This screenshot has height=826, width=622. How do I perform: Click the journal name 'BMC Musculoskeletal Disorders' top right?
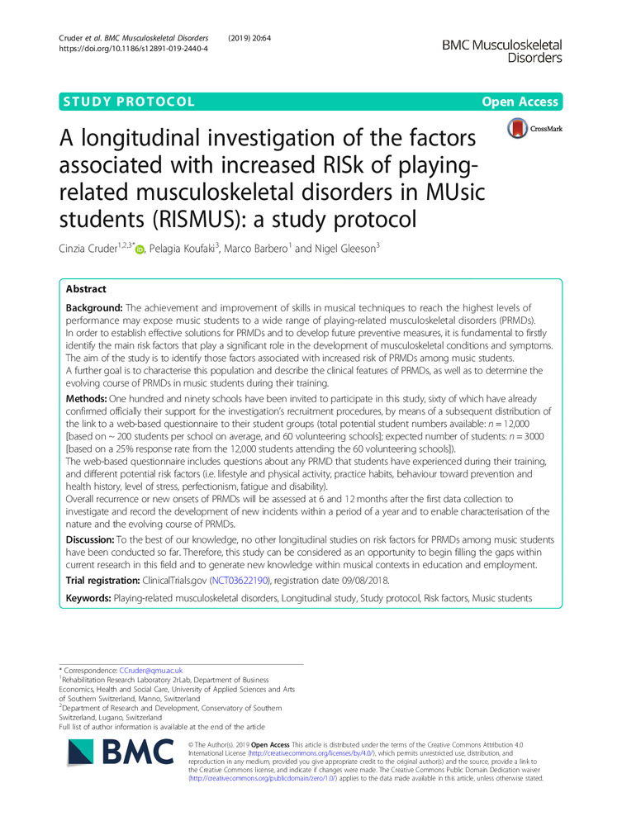504,50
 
